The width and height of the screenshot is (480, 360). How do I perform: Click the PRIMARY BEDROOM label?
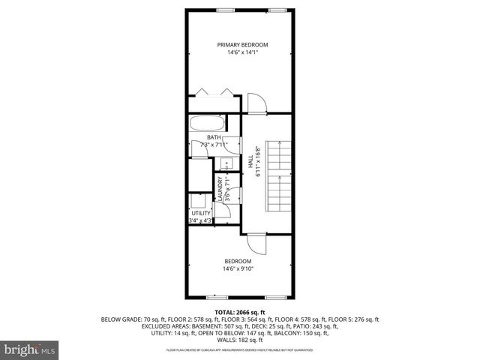pos(242,45)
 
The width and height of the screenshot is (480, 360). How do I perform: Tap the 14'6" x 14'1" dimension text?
pos(242,53)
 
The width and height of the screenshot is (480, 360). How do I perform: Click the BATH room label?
pos(213,137)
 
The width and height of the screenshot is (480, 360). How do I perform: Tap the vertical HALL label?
pos(250,160)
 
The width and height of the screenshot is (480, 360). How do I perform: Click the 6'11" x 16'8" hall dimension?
pos(258,160)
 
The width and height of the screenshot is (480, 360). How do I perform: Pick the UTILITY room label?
pos(201,214)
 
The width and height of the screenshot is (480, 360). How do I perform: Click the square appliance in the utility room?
pos(199,200)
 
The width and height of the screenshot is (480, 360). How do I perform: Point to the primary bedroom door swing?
pos(256,102)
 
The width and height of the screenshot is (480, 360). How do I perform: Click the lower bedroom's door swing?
pos(256,244)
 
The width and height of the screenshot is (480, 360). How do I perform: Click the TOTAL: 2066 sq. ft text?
pos(240,311)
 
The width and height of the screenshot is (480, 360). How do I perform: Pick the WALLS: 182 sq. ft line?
pos(240,340)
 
